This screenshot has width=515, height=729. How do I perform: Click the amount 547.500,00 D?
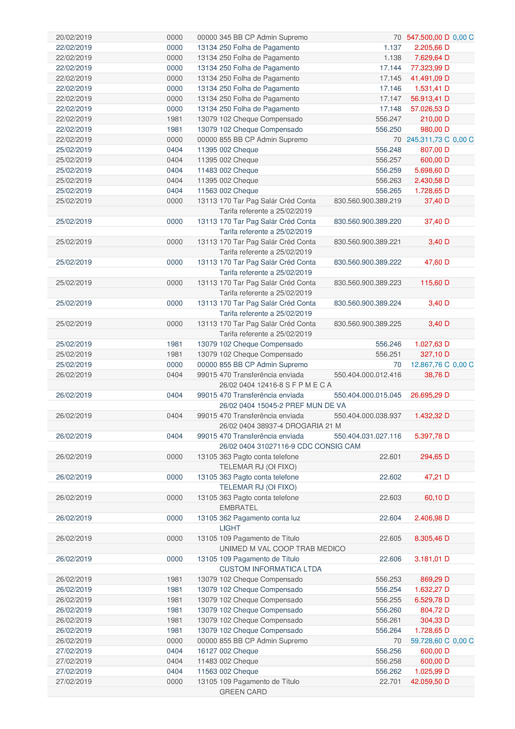[x=428, y=37]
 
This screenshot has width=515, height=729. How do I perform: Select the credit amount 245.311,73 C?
[x=428, y=140]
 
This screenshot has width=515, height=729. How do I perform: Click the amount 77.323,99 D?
[x=430, y=68]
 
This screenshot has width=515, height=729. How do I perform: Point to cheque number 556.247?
[x=388, y=119]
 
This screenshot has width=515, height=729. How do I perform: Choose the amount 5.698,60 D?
[x=432, y=170]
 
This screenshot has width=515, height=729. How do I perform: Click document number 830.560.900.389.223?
[x=367, y=283]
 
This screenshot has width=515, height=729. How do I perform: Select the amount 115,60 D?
[x=435, y=283]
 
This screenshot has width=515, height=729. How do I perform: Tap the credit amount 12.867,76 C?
[x=430, y=365]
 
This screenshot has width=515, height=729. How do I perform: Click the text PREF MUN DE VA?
[x=315, y=406]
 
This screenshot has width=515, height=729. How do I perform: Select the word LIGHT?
[x=230, y=528]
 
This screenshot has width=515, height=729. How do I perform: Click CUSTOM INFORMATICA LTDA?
[x=270, y=569]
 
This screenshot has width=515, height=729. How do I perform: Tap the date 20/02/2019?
[x=74, y=37]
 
